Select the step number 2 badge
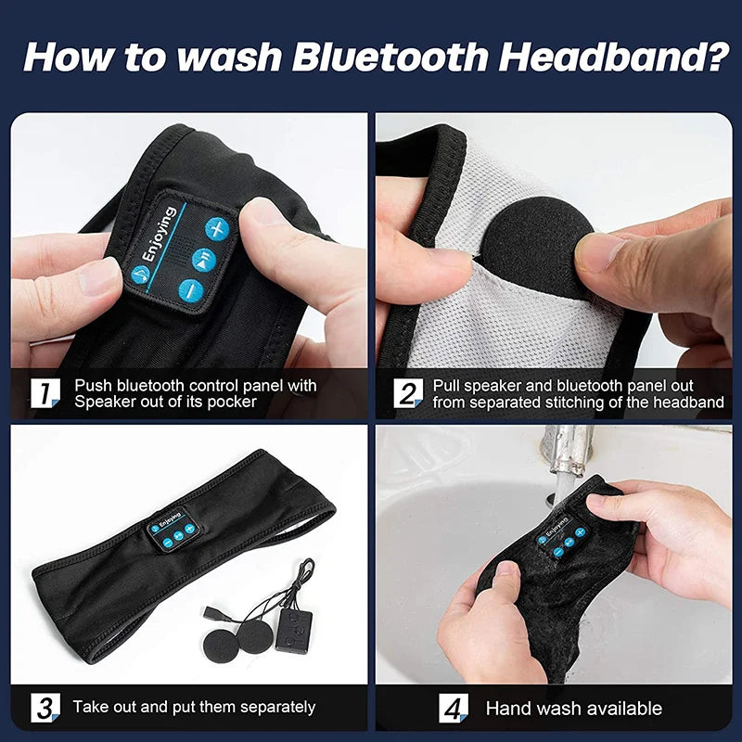(406, 393)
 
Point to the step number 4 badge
(452, 709)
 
